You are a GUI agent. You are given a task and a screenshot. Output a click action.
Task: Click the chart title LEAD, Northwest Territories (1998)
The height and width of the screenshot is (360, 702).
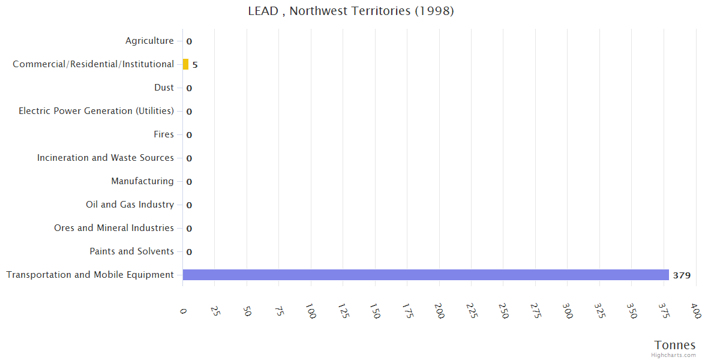click(x=351, y=11)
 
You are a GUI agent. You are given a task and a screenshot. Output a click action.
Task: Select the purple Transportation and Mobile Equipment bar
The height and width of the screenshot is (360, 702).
click(x=425, y=275)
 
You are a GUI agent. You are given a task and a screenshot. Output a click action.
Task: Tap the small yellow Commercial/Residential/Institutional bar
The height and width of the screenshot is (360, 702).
click(x=185, y=64)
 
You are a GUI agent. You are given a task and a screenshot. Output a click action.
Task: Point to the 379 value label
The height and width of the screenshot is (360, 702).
click(x=682, y=275)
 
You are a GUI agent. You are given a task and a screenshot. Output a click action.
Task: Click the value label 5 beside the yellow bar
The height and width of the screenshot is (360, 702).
click(x=195, y=65)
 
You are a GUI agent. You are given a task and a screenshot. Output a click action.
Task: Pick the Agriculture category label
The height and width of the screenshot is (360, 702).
click(x=149, y=41)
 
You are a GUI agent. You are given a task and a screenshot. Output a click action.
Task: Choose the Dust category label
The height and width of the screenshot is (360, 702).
click(x=164, y=88)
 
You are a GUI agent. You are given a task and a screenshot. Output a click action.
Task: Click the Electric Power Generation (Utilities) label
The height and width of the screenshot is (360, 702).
click(x=96, y=111)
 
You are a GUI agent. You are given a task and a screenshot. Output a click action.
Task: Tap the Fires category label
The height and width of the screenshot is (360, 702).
click(x=163, y=134)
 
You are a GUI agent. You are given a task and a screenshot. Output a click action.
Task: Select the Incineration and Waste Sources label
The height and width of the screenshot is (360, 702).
click(x=106, y=158)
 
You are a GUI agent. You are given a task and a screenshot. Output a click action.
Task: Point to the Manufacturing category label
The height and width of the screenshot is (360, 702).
click(x=142, y=181)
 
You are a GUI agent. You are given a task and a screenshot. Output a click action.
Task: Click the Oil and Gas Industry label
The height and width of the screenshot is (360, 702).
click(x=130, y=205)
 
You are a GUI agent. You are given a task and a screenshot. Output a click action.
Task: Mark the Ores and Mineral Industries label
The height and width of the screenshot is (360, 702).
click(x=114, y=228)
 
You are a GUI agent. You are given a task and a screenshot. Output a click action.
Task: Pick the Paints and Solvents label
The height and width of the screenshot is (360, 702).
click(x=131, y=251)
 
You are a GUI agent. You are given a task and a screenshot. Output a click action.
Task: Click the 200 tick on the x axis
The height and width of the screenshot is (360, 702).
click(x=440, y=311)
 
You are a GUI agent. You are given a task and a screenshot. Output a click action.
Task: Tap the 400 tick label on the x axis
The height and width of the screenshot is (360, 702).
click(x=695, y=311)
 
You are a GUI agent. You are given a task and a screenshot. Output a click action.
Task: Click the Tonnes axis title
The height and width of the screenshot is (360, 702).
click(x=674, y=345)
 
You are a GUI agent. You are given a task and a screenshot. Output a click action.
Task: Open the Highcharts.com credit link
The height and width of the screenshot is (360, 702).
click(x=673, y=355)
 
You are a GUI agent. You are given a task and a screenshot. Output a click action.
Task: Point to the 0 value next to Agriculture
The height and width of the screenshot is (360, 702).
click(x=189, y=41)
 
